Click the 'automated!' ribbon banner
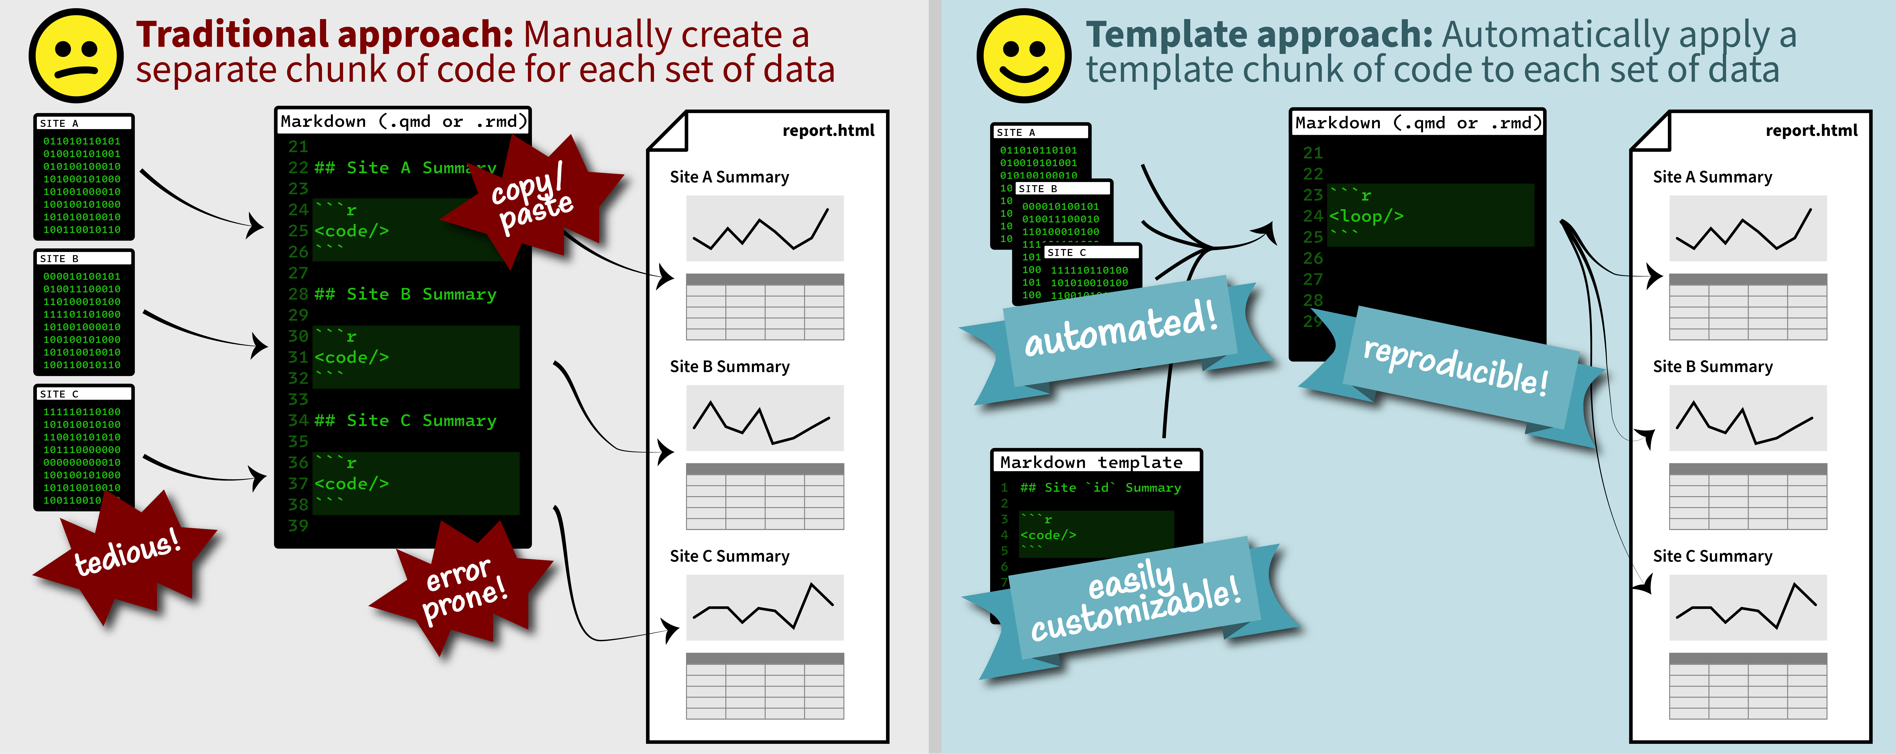click(1119, 335)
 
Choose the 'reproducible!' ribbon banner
click(1454, 368)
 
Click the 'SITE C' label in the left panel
click(59, 394)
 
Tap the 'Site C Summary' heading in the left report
click(729, 556)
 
